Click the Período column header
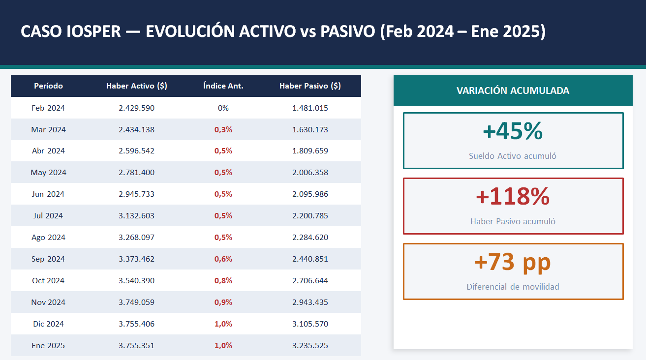pyautogui.click(x=48, y=86)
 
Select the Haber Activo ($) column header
pyautogui.click(x=137, y=86)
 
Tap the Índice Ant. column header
pyautogui.click(x=223, y=86)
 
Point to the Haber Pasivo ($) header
pyautogui.click(x=310, y=86)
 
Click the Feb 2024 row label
pyautogui.click(x=48, y=108)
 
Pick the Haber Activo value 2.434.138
pyautogui.click(x=137, y=130)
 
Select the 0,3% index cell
pyautogui.click(x=223, y=130)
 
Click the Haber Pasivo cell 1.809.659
pyautogui.click(x=310, y=151)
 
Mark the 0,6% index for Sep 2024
pyautogui.click(x=223, y=259)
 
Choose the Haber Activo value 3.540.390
pyautogui.click(x=137, y=281)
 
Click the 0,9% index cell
pyautogui.click(x=223, y=302)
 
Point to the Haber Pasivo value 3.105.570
pyautogui.click(x=310, y=324)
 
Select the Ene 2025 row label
pyautogui.click(x=48, y=346)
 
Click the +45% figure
pyautogui.click(x=513, y=131)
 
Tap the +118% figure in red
pyautogui.click(x=513, y=197)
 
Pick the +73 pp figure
pyautogui.click(x=513, y=262)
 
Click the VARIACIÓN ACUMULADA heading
pyautogui.click(x=513, y=91)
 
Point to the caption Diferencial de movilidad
pyautogui.click(x=513, y=287)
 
